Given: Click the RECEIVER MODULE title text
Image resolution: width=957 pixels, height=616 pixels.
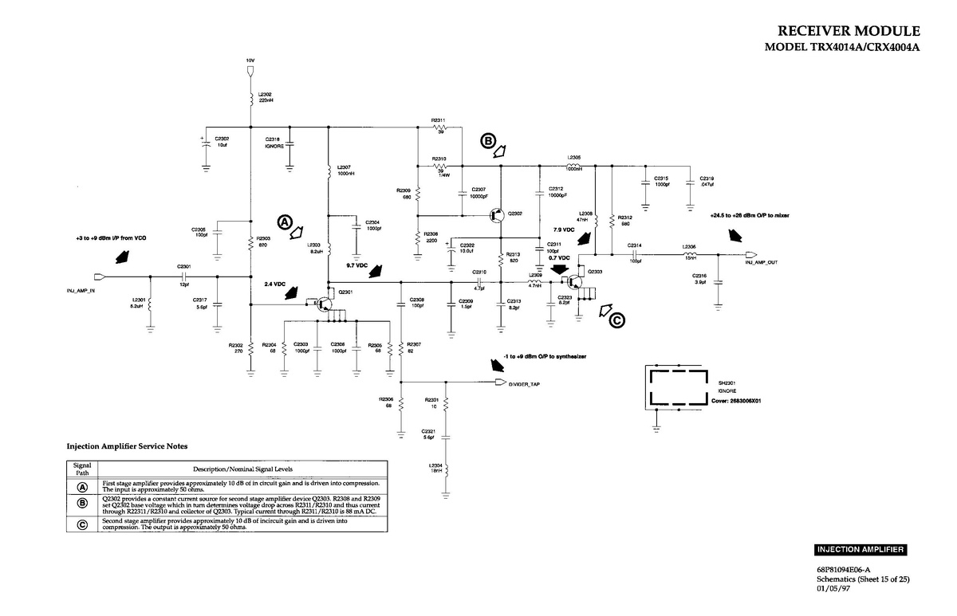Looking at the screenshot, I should coord(849,31).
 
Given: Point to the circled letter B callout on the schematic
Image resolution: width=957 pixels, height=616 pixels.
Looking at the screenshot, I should coord(487,141).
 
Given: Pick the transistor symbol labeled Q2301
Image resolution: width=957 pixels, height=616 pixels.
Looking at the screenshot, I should coord(322,304).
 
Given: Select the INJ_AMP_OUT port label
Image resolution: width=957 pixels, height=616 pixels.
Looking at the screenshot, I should coord(762,261).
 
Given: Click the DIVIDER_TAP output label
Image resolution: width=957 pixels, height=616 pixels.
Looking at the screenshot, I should coord(524,384).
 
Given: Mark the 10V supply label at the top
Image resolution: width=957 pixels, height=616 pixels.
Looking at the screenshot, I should coord(250,61).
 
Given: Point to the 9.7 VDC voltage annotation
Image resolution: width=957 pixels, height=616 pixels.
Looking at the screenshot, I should coord(356,265).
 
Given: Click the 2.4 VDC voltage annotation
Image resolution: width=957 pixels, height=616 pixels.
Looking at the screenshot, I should coord(274,283).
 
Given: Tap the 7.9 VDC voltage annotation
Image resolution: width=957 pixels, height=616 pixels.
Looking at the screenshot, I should coord(564,230).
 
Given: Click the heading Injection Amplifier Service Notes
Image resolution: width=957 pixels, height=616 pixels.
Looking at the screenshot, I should coord(127,446).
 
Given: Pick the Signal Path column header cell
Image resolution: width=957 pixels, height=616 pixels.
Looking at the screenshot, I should coord(82,469).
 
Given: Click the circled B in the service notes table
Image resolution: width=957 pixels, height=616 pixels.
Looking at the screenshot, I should coord(82,503).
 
